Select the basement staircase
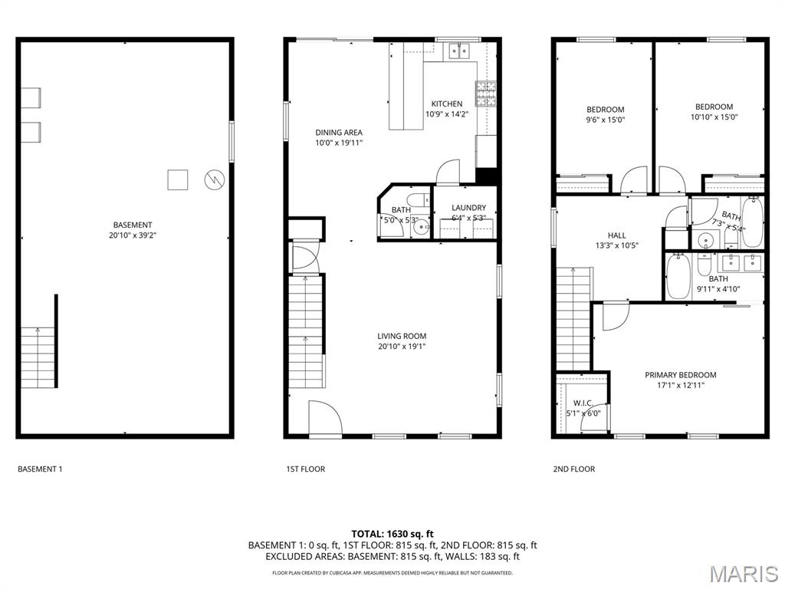tap(38, 357)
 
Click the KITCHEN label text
tap(446, 104)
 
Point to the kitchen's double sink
tap(459, 51)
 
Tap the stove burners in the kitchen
tap(485, 94)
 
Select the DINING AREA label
tap(338, 133)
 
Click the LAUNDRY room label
tap(468, 208)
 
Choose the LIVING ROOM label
tap(402, 336)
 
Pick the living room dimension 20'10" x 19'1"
tap(402, 347)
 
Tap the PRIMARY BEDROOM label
tap(680, 375)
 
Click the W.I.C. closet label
tap(583, 403)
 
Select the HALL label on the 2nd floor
tap(616, 235)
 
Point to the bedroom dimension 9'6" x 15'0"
tap(606, 120)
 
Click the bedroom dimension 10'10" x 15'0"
tap(714, 117)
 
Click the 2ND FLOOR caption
tap(573, 469)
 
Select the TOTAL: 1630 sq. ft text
tap(392, 534)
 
